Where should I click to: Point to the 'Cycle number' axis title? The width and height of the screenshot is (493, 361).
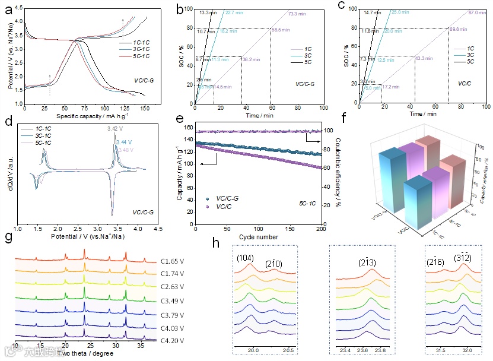pos(258,221)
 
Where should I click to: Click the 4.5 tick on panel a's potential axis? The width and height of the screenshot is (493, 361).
pos(19,9)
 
